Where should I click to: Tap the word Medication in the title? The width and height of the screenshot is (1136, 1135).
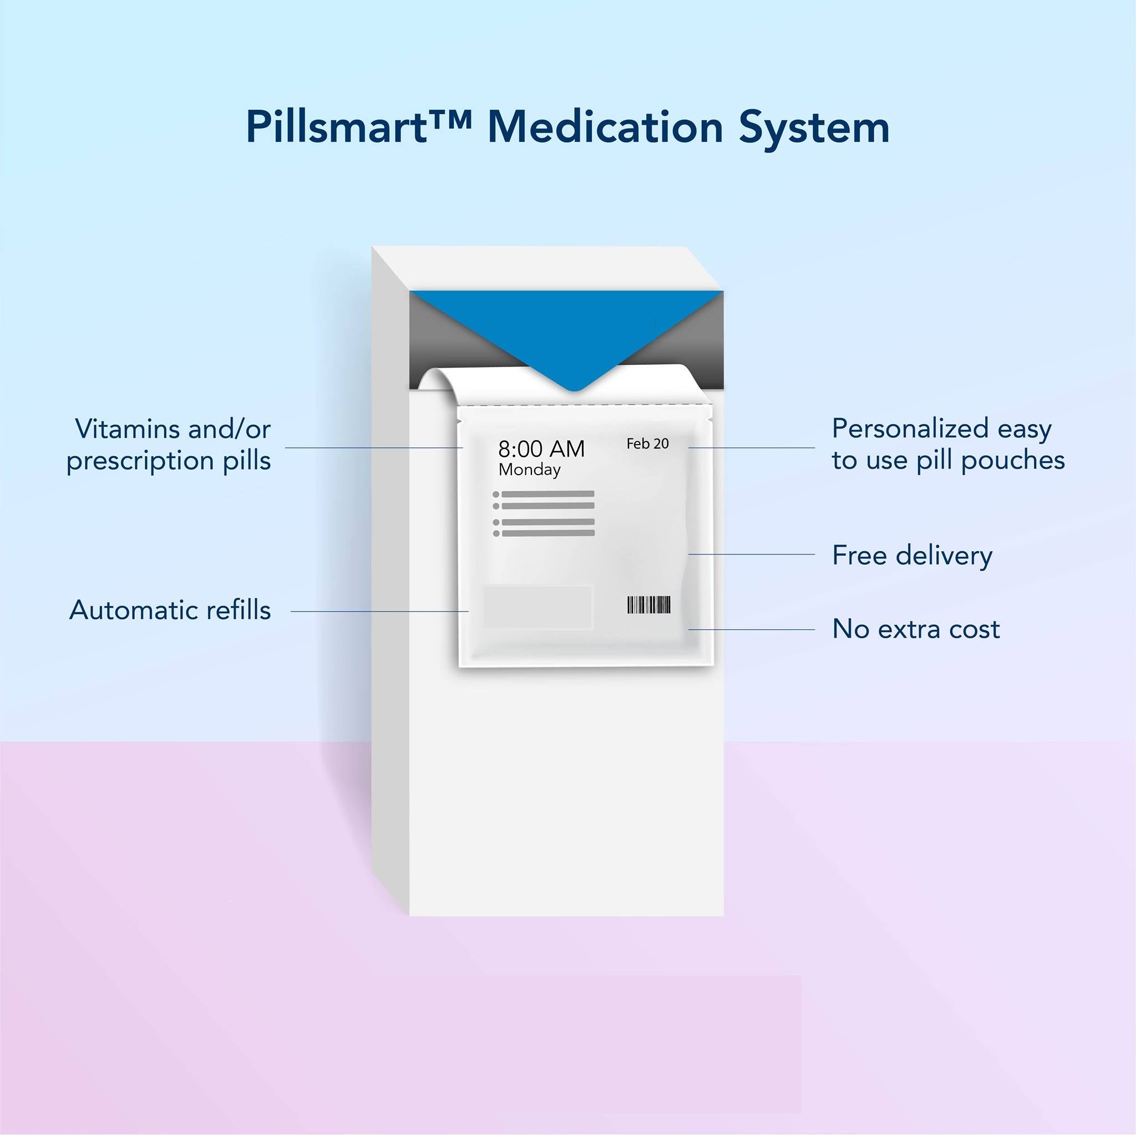pos(605,126)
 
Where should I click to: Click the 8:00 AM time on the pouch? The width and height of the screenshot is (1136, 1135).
pos(541,449)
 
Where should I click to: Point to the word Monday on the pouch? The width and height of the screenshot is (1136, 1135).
pos(529,470)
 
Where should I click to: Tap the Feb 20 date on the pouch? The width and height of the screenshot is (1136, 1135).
pos(647,444)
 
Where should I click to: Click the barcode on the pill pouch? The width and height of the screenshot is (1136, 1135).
pos(648,605)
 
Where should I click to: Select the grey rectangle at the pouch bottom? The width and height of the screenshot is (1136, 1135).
pos(537,607)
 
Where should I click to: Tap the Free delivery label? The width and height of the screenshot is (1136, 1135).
pos(912,556)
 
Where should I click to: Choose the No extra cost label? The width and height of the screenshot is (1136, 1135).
pos(915,629)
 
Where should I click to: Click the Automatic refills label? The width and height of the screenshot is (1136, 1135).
pos(170,610)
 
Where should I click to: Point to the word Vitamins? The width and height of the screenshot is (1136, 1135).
pos(127,429)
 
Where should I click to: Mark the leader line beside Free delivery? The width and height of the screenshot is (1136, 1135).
pos(752,554)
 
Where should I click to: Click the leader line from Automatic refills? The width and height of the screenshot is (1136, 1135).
pos(379,611)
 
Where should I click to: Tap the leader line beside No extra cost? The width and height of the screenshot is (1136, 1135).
pos(752,629)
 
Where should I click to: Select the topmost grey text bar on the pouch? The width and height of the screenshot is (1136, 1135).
pos(547,493)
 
